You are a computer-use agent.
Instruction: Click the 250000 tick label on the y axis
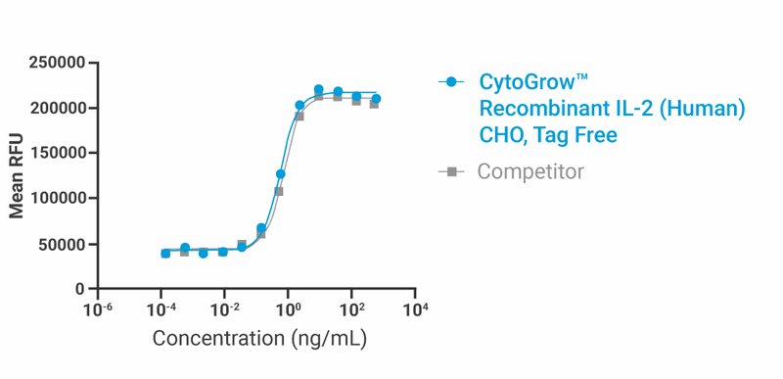click(57, 64)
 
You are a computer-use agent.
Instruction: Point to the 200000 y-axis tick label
click(57, 109)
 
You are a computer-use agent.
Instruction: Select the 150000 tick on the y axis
click(57, 154)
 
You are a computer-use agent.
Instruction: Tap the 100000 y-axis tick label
click(57, 199)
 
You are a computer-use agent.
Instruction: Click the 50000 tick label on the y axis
click(62, 244)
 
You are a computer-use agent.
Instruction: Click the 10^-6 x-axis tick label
click(98, 310)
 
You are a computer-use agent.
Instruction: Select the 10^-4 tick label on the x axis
click(161, 310)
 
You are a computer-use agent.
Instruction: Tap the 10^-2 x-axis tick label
click(225, 310)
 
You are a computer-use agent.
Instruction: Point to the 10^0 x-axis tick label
click(289, 310)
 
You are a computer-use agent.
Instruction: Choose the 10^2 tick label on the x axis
click(352, 310)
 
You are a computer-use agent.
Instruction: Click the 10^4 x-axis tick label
click(416, 310)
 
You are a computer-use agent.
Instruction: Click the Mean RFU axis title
click(17, 176)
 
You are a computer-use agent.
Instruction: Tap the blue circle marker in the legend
click(451, 82)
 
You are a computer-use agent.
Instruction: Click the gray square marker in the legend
click(451, 171)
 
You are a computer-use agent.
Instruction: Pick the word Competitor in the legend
click(530, 171)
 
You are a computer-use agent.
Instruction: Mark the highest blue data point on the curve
click(318, 89)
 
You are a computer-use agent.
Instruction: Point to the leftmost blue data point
click(165, 254)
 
